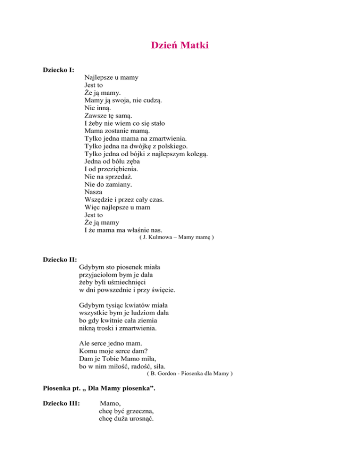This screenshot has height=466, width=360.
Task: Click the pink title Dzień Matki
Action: click(180, 45)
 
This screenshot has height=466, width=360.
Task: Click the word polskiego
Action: click(170, 146)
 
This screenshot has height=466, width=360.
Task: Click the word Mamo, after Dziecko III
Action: click(110, 402)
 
